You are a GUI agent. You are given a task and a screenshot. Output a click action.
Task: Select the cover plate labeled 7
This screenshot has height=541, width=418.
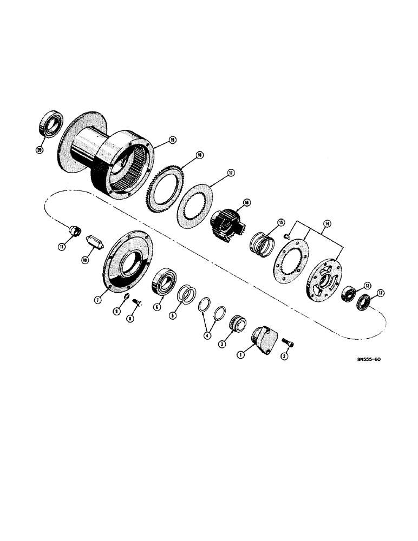[x=125, y=265]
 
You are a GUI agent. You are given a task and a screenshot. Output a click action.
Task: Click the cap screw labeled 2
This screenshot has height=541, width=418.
[x=286, y=342]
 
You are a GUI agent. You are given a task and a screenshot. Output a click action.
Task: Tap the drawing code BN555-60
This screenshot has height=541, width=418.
[x=357, y=366]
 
